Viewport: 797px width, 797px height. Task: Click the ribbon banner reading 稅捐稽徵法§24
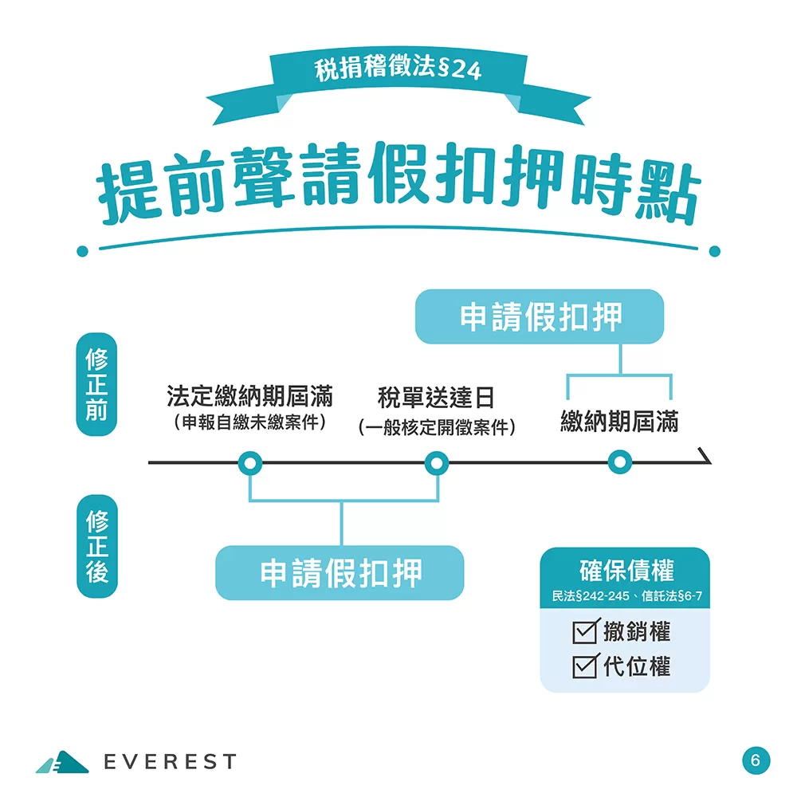pyautogui.click(x=398, y=71)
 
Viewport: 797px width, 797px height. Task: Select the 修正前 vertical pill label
pyautogui.click(x=96, y=384)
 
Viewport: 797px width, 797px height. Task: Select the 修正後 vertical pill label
pyautogui.click(x=96, y=547)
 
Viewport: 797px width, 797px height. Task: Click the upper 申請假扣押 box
pyautogui.click(x=540, y=316)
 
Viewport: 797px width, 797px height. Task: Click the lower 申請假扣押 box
pyautogui.click(x=340, y=572)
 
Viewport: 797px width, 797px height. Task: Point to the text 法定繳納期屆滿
pyautogui.click(x=249, y=396)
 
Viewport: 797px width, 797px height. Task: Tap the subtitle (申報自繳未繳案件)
pyautogui.click(x=249, y=422)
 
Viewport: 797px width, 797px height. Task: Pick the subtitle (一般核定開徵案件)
pyautogui.click(x=437, y=428)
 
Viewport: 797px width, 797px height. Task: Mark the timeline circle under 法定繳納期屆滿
pyautogui.click(x=250, y=462)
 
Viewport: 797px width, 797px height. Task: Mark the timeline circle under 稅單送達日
pyautogui.click(x=436, y=462)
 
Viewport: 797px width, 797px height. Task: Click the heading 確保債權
pyautogui.click(x=626, y=571)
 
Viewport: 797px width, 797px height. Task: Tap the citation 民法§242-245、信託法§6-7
pyautogui.click(x=626, y=597)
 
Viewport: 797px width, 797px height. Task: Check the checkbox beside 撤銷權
pyautogui.click(x=586, y=633)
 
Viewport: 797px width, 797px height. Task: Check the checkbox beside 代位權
pyautogui.click(x=586, y=665)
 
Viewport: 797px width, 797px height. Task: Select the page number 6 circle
pyautogui.click(x=756, y=760)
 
